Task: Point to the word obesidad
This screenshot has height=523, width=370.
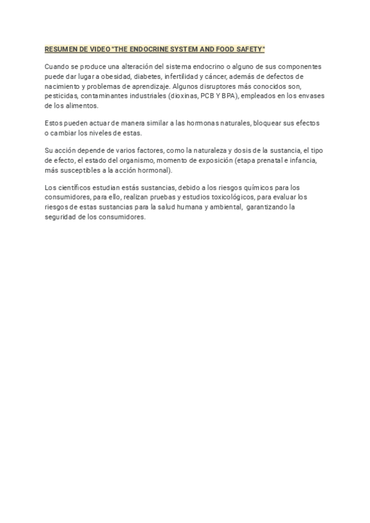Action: coord(106,76)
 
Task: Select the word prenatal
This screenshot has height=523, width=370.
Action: coord(279,160)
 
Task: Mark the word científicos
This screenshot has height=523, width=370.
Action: coord(75,187)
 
